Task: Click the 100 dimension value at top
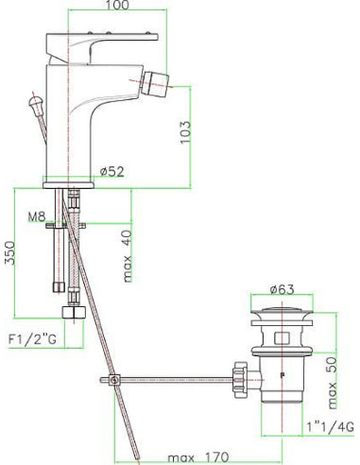[x=117, y=5]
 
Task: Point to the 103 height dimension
[x=185, y=132]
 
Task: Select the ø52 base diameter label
[x=112, y=172]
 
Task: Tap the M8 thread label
[x=37, y=216]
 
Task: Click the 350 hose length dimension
[x=9, y=253]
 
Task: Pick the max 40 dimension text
[x=128, y=256]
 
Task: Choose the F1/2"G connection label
[x=32, y=339]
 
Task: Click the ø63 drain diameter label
[x=282, y=289]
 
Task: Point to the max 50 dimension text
[x=333, y=383]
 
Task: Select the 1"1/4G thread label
[x=331, y=427]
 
